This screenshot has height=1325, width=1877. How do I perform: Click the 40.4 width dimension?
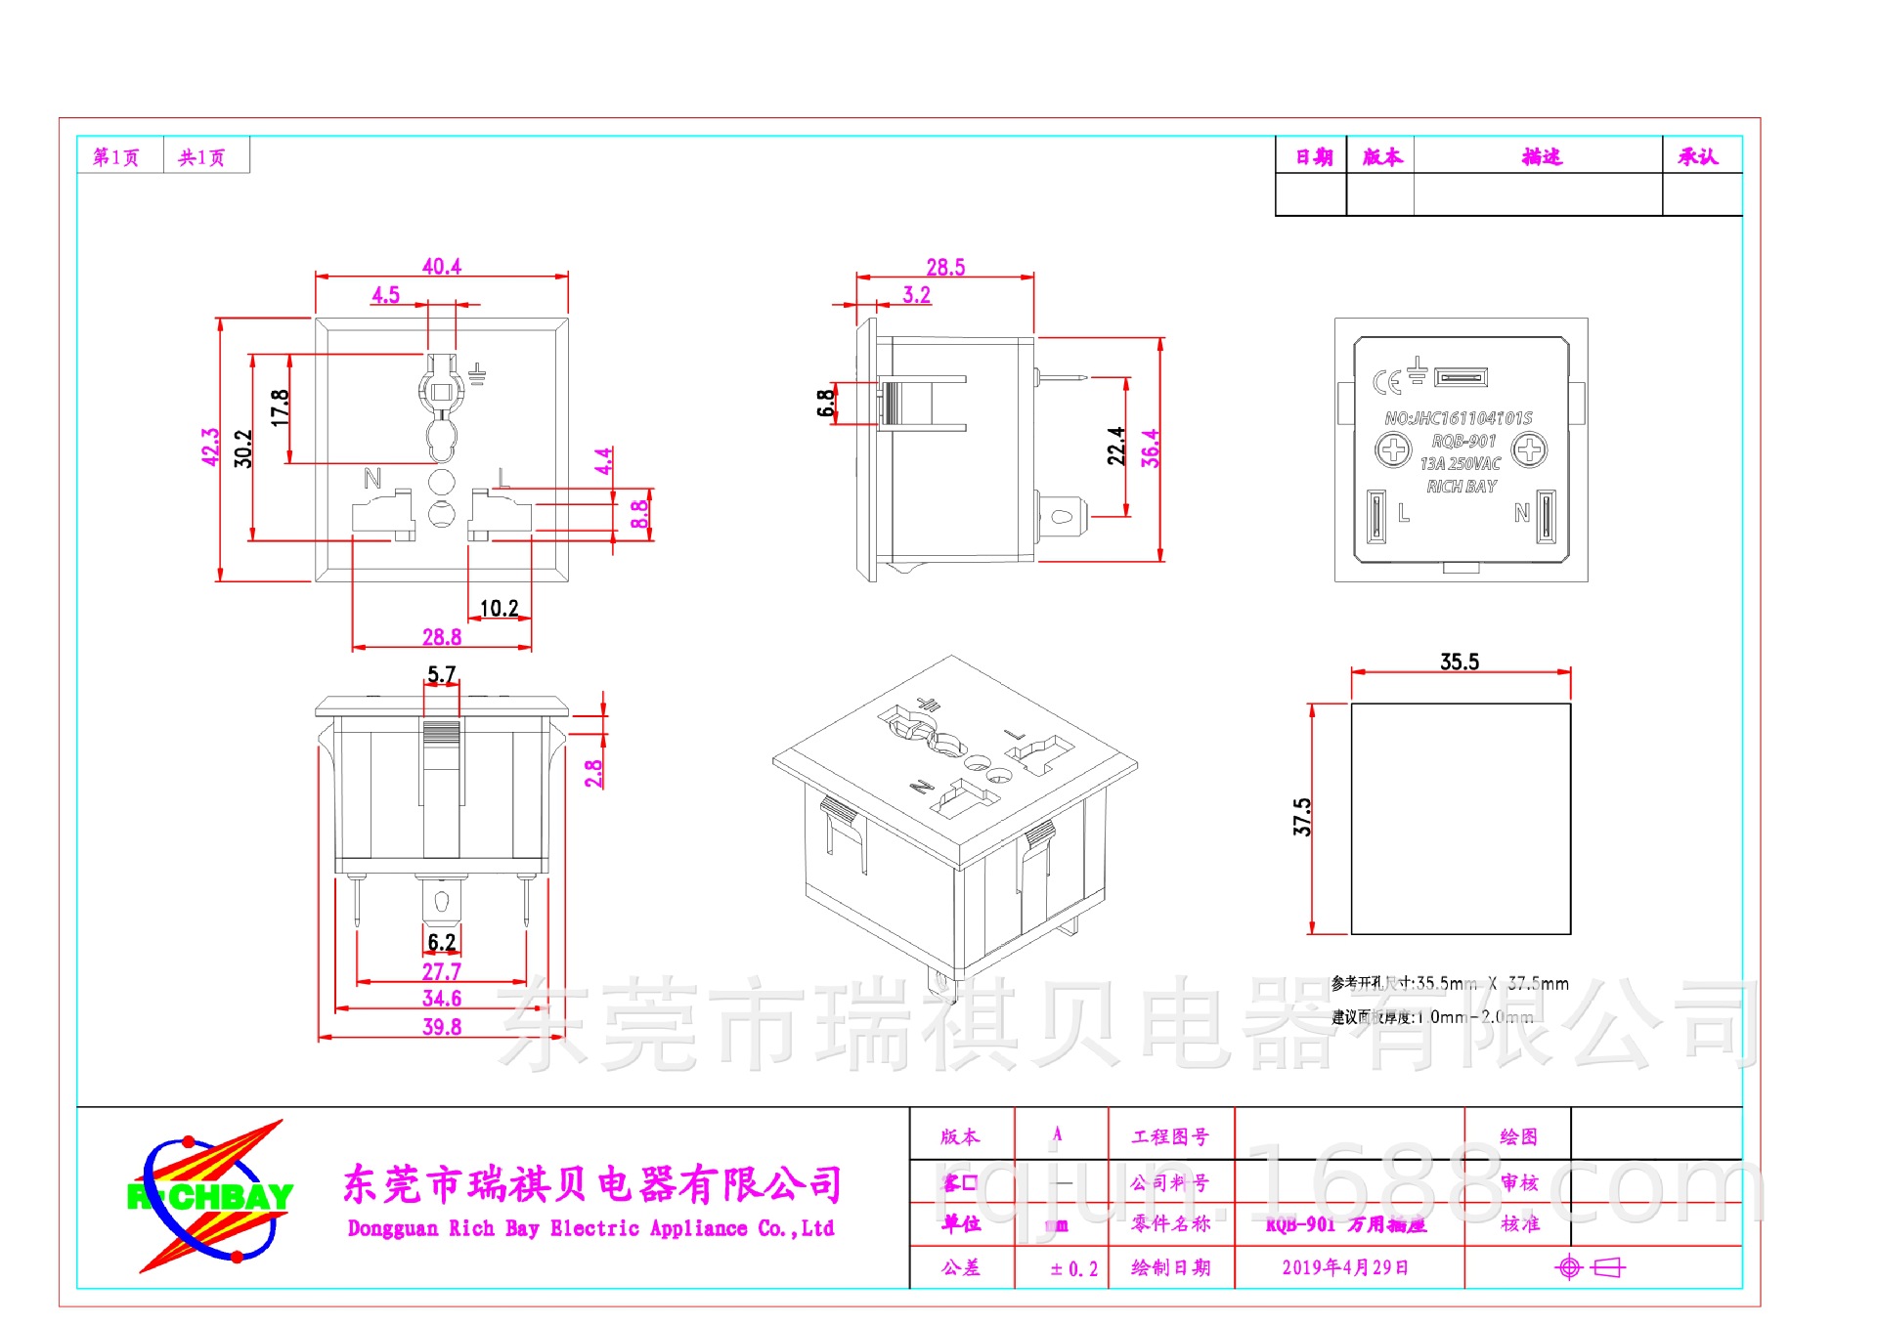point(441,266)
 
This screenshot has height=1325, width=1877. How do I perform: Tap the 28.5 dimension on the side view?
point(944,267)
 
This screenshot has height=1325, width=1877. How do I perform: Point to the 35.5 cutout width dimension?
point(1459,662)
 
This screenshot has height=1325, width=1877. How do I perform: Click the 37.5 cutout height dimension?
point(1302,817)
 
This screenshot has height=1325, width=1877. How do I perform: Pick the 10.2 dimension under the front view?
point(499,609)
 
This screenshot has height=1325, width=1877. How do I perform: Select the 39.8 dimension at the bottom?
point(441,1027)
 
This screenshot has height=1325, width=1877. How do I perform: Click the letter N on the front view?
point(371,478)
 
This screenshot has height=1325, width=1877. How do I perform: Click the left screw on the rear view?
point(1393,450)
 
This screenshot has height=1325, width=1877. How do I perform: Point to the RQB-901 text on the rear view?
point(1463,441)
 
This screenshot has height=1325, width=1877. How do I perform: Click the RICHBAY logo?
point(209,1196)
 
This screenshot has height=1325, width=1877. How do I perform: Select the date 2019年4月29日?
point(1345,1267)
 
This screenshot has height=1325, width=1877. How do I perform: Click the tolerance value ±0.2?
point(1073,1269)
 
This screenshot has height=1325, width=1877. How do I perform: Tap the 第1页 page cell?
point(116,157)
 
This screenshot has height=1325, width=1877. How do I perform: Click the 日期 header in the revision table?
point(1313,157)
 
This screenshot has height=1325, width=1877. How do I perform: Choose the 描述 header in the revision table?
point(1541,157)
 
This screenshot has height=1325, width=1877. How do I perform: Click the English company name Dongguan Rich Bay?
point(590,1228)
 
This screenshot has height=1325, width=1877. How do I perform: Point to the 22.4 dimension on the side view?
point(1115,446)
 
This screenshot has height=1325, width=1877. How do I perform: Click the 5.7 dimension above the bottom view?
point(441,674)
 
